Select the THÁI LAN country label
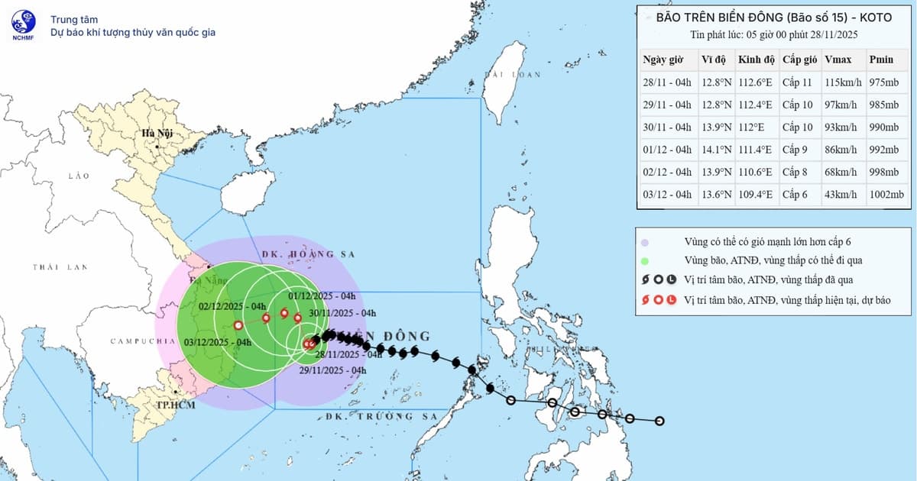pyautogui.click(x=60, y=267)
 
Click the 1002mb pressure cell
pyautogui.click(x=886, y=194)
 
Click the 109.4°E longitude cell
pyautogui.click(x=755, y=194)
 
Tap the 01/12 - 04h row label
pyautogui.click(x=667, y=150)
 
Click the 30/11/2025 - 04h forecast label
pyautogui.click(x=343, y=313)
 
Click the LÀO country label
pyautogui.click(x=79, y=176)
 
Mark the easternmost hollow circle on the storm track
pyautogui.click(x=659, y=421)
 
